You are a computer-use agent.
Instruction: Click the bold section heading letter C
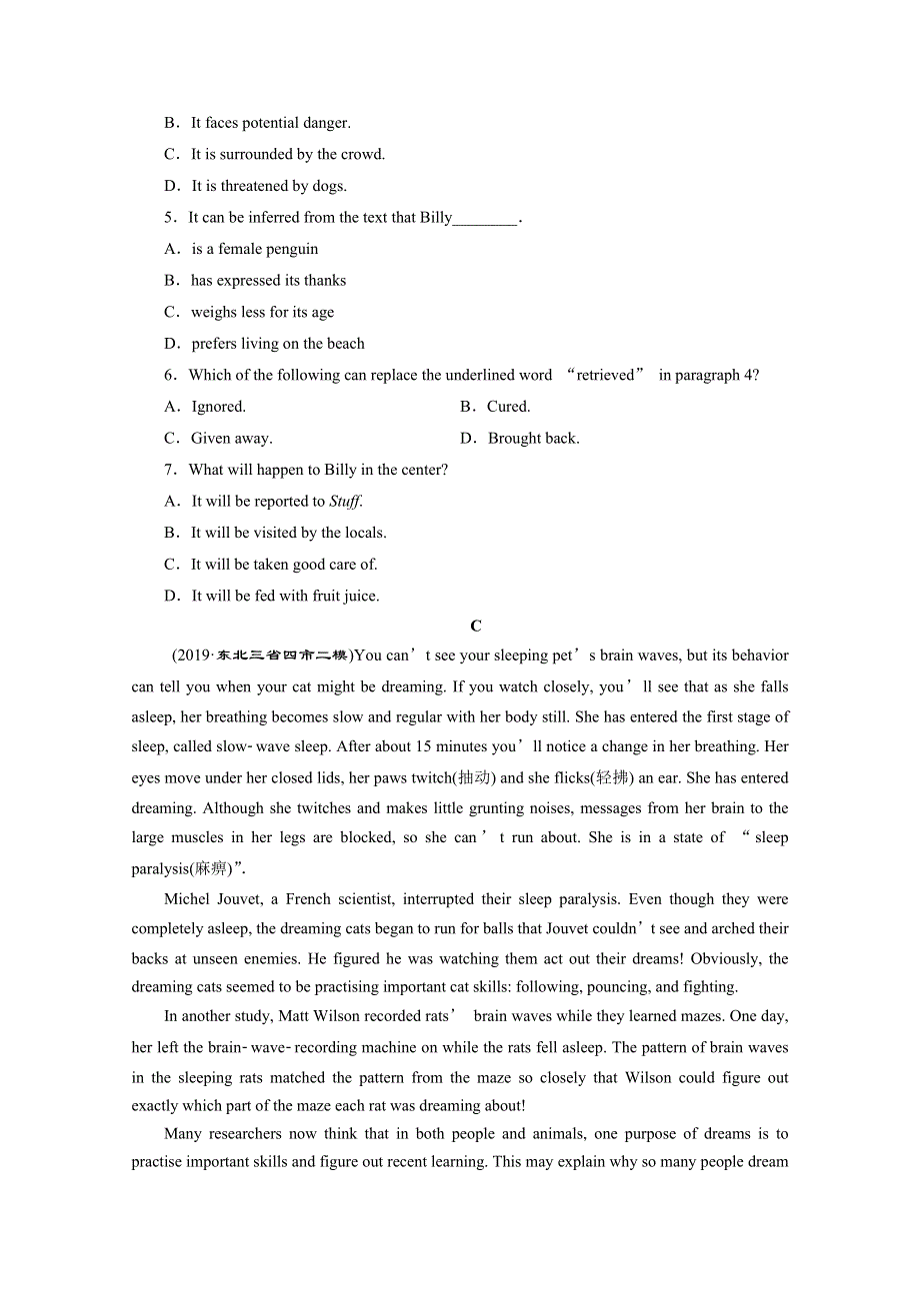pyautogui.click(x=476, y=626)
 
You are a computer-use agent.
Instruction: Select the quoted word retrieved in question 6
pyautogui.click(x=605, y=375)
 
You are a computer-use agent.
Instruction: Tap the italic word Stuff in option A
pyautogui.click(x=345, y=501)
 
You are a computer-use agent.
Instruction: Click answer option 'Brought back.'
pyautogui.click(x=533, y=438)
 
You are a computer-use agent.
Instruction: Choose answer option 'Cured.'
pyautogui.click(x=508, y=406)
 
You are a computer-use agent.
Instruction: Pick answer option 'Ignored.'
pyautogui.click(x=218, y=406)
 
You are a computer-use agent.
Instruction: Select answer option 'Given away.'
pyautogui.click(x=231, y=438)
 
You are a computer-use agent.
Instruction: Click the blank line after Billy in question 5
pyautogui.click(x=486, y=219)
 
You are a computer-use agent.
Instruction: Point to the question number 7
pyautogui.click(x=170, y=470)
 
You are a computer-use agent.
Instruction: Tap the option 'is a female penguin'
pyautogui.click(x=255, y=249)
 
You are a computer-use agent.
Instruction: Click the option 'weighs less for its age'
pyautogui.click(x=262, y=312)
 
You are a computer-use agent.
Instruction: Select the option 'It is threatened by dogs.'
pyautogui.click(x=269, y=186)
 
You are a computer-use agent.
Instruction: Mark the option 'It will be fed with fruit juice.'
pyautogui.click(x=285, y=596)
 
